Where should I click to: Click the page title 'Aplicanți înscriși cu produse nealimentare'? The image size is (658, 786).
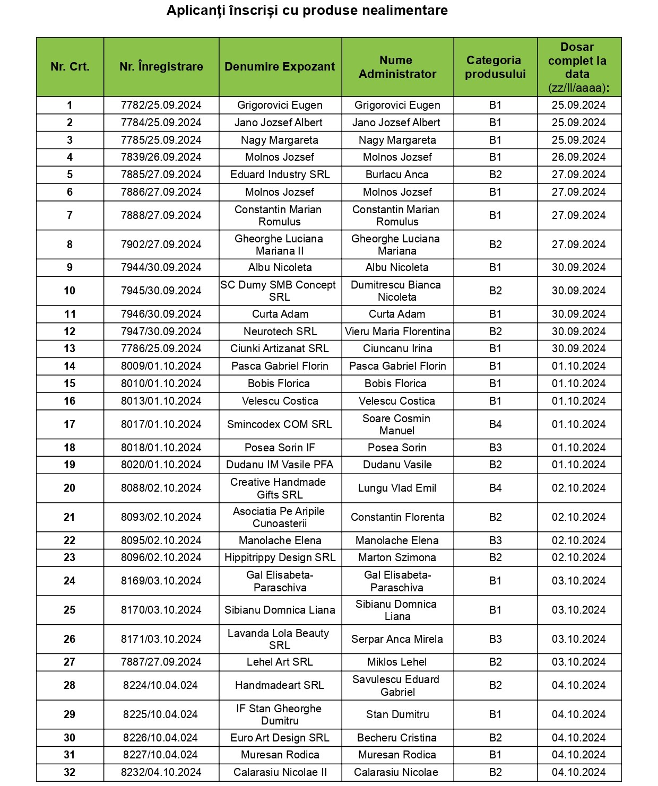coord(307,11)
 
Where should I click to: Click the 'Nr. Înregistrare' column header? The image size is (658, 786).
coord(161,67)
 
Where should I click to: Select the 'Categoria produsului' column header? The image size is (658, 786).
coord(495,67)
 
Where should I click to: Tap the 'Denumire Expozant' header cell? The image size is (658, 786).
coord(280,67)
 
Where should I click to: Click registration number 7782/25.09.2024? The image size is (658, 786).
coord(161,105)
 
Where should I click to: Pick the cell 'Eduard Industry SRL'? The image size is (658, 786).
coord(280,174)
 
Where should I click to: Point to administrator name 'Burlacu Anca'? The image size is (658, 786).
coord(397,174)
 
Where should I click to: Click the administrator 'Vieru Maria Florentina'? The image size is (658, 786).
coord(397,331)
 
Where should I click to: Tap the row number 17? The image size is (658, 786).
coord(70,424)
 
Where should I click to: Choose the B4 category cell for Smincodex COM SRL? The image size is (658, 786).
coord(495,424)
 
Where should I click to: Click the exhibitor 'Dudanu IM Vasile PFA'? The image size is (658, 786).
coord(280,465)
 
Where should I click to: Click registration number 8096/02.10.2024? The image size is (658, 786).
coord(161,557)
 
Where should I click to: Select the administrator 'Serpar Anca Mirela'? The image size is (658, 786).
coord(397,639)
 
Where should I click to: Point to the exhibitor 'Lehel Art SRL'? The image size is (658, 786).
coord(280,662)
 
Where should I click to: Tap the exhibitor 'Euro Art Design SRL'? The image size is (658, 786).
coord(280,738)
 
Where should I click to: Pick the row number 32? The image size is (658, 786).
coord(70,772)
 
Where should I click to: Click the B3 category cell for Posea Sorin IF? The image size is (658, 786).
coord(495,448)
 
